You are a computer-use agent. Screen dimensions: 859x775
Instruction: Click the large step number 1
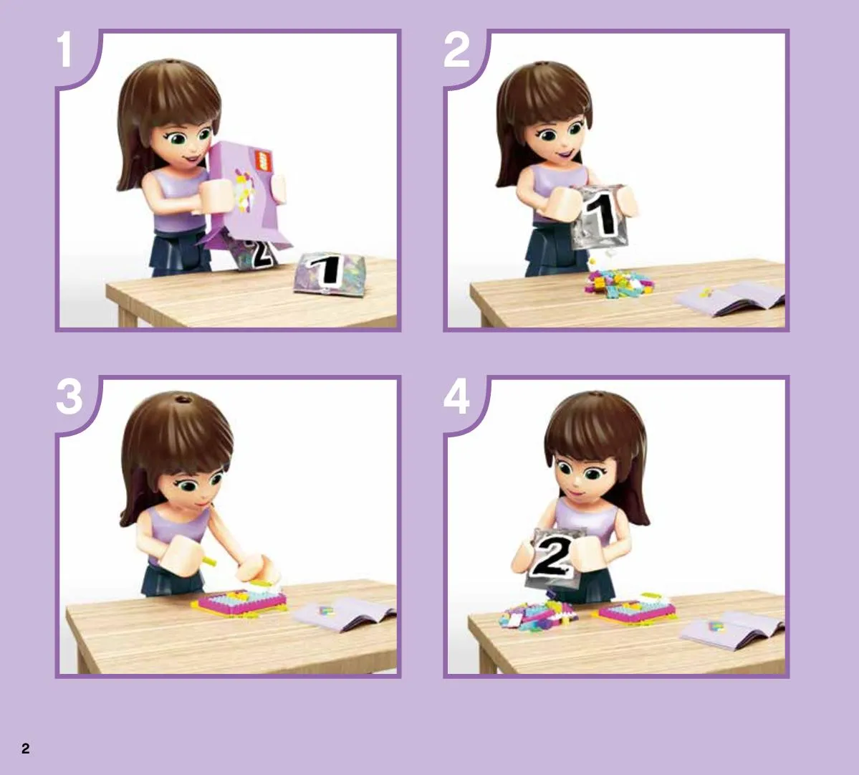[65, 49]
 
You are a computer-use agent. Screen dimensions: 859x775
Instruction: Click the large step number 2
[456, 49]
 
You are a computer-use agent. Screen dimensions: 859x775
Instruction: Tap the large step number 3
[69, 396]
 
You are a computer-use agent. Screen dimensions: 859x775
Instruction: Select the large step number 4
[456, 396]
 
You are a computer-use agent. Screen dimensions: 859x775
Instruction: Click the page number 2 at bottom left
[25, 748]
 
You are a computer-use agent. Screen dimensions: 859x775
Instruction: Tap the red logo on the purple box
[264, 161]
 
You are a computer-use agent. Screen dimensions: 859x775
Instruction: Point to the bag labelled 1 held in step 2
[599, 217]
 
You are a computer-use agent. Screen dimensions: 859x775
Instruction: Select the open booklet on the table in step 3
[343, 614]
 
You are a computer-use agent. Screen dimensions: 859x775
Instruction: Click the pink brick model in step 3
[240, 602]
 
